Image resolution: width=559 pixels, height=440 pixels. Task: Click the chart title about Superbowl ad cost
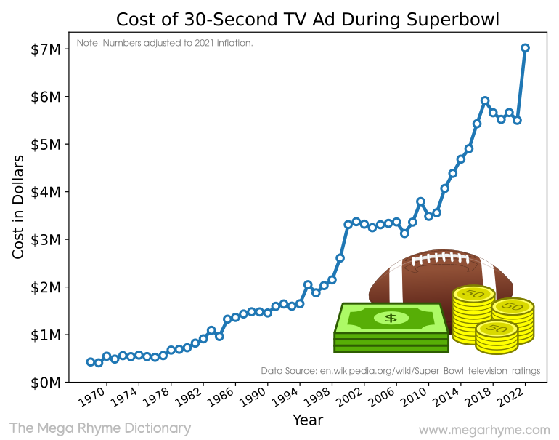tap(308, 18)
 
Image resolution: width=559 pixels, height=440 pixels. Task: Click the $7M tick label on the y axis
tap(45, 49)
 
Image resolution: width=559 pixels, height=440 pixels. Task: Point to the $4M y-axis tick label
tap(45, 192)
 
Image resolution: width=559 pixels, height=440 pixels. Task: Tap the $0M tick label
tap(45, 383)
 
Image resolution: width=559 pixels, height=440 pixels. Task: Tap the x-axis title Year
tap(308, 420)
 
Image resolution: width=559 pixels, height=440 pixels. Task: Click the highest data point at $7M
tap(526, 48)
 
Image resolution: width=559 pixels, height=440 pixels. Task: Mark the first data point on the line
tap(91, 361)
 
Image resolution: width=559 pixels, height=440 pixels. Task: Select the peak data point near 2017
tap(485, 100)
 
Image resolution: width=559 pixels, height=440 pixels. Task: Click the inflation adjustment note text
tap(165, 44)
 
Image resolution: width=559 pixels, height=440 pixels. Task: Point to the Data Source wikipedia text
tap(400, 370)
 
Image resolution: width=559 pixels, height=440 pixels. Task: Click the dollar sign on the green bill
tap(391, 318)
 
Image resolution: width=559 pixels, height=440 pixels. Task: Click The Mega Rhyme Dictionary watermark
tap(100, 428)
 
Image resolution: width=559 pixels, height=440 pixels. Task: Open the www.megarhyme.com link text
tap(483, 429)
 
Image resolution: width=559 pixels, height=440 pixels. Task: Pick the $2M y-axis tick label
tap(45, 287)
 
